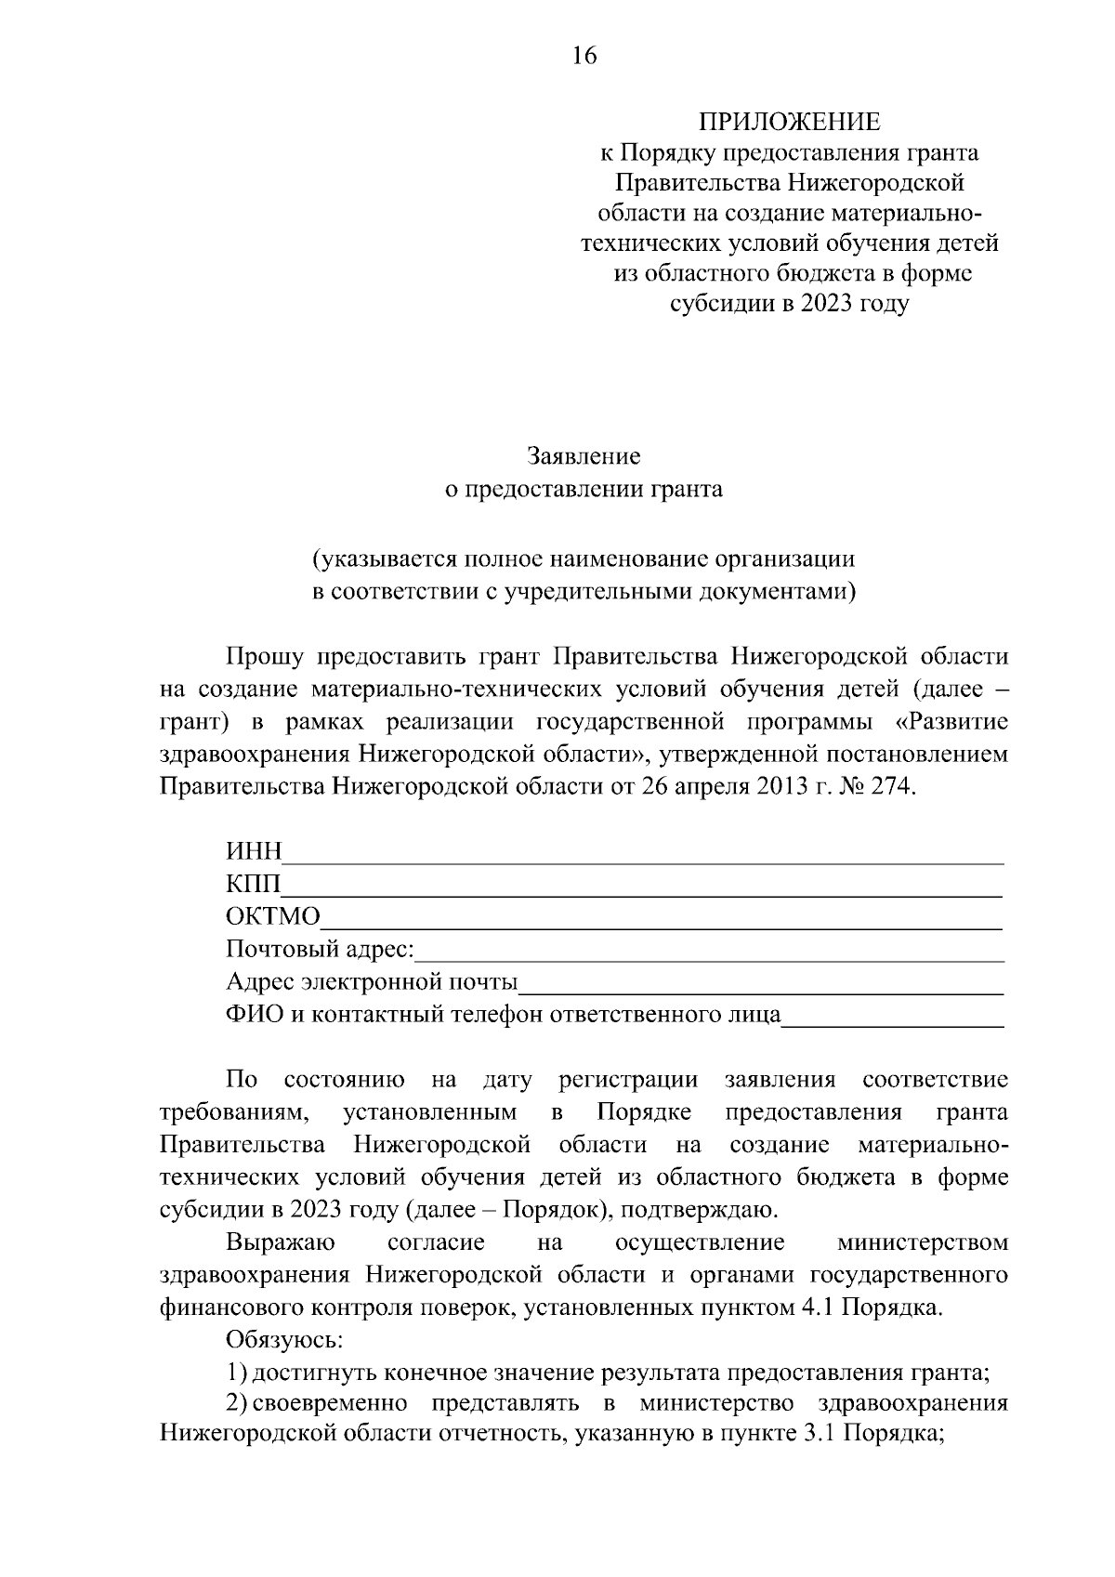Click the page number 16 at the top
click(584, 57)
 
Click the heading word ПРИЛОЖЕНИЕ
click(788, 122)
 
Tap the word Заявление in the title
click(584, 456)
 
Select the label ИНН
click(254, 852)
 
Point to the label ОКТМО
click(272, 917)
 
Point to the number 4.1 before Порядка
click(818, 1308)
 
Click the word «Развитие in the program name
click(957, 721)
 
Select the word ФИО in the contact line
click(255, 1014)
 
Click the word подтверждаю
click(695, 1210)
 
